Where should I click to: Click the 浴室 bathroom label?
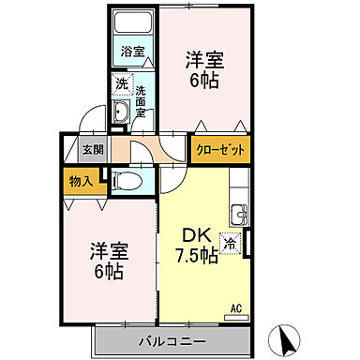point(132,52)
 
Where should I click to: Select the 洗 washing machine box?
point(121,84)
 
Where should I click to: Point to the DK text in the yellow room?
point(193,235)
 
